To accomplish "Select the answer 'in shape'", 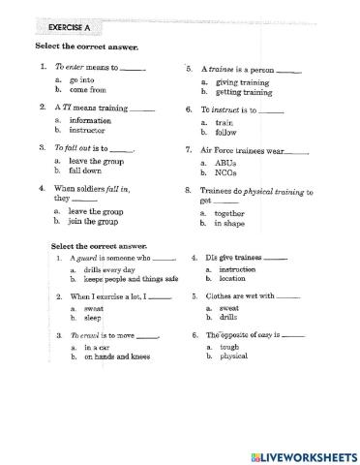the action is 233,223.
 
